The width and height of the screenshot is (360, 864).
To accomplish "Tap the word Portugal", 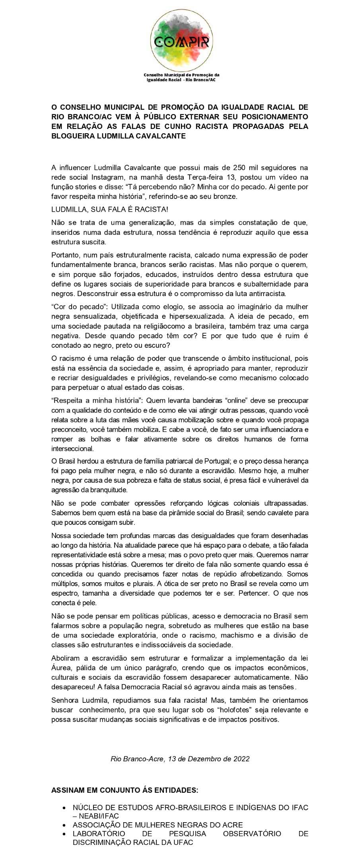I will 213,461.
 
